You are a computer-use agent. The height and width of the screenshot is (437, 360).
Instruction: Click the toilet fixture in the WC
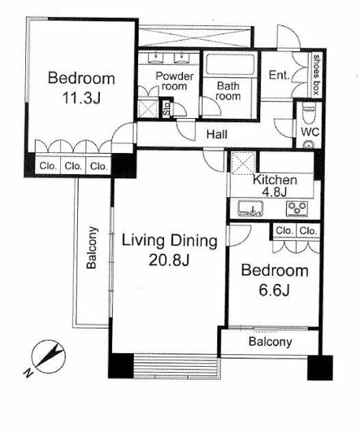click(309, 113)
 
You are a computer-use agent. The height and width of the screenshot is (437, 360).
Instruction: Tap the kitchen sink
click(251, 208)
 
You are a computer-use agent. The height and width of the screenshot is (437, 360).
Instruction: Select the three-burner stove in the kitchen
click(297, 209)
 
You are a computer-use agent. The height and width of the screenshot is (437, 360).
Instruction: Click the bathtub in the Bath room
click(230, 64)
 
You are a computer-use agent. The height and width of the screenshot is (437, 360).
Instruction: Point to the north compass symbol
click(48, 357)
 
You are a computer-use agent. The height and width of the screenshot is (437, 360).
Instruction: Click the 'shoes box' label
click(316, 74)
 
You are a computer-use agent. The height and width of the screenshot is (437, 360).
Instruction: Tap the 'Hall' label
click(217, 135)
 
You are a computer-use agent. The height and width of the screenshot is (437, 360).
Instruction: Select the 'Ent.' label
click(279, 74)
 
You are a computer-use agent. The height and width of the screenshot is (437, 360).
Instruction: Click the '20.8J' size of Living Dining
click(169, 260)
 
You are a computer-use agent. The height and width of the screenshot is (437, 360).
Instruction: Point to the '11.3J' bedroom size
click(81, 98)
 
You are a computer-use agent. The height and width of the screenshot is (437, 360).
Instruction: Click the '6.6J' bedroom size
click(274, 290)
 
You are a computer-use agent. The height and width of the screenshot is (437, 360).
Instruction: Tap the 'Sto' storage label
click(167, 109)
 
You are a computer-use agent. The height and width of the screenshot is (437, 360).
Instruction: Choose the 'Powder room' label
click(174, 81)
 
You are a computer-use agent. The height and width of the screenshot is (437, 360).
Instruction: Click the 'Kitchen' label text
click(275, 180)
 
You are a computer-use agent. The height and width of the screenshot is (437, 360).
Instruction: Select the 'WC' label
click(310, 132)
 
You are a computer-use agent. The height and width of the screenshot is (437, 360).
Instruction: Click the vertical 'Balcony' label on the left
click(92, 248)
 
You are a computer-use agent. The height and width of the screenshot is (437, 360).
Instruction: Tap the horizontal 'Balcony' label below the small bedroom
click(271, 341)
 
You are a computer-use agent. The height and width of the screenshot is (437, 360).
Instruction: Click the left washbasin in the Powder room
click(155, 58)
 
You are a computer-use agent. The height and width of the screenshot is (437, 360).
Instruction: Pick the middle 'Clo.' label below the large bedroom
click(73, 166)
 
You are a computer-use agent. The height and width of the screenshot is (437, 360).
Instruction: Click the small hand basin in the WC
click(309, 145)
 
